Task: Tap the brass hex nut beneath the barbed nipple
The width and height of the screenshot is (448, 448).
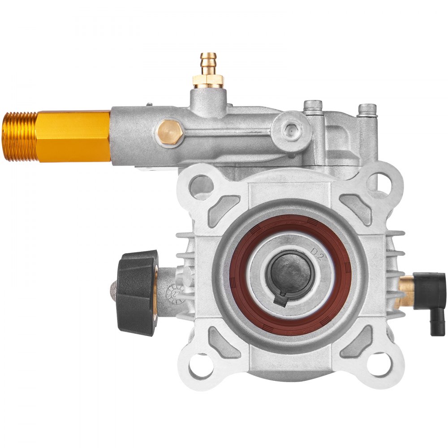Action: coord(208,81)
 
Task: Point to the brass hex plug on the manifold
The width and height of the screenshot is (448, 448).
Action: coord(170,132)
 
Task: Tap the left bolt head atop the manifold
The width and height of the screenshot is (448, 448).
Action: coord(313,107)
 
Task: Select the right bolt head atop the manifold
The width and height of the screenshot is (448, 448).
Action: coord(367,109)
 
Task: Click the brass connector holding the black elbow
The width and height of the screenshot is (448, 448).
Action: coord(406,291)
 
